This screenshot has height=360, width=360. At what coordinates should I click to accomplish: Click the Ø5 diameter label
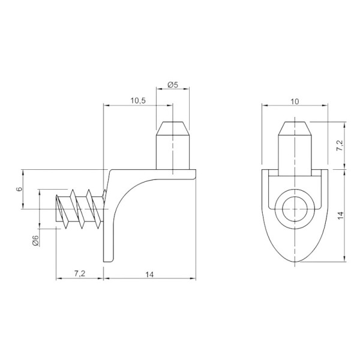(173, 85)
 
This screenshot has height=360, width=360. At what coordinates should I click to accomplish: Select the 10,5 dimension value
(138, 101)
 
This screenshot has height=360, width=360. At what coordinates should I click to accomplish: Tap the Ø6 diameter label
(35, 241)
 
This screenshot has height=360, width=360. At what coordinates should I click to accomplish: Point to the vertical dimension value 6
(20, 189)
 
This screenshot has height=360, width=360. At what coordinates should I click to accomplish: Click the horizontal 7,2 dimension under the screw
(80, 274)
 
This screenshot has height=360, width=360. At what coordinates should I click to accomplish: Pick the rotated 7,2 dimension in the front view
(340, 145)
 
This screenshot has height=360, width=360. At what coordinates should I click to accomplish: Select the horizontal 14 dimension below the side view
(149, 274)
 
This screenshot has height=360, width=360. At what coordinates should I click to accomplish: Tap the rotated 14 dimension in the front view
(340, 215)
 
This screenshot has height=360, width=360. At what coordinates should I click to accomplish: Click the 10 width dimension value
(295, 101)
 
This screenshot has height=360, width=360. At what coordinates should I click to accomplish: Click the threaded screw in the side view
(80, 209)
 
